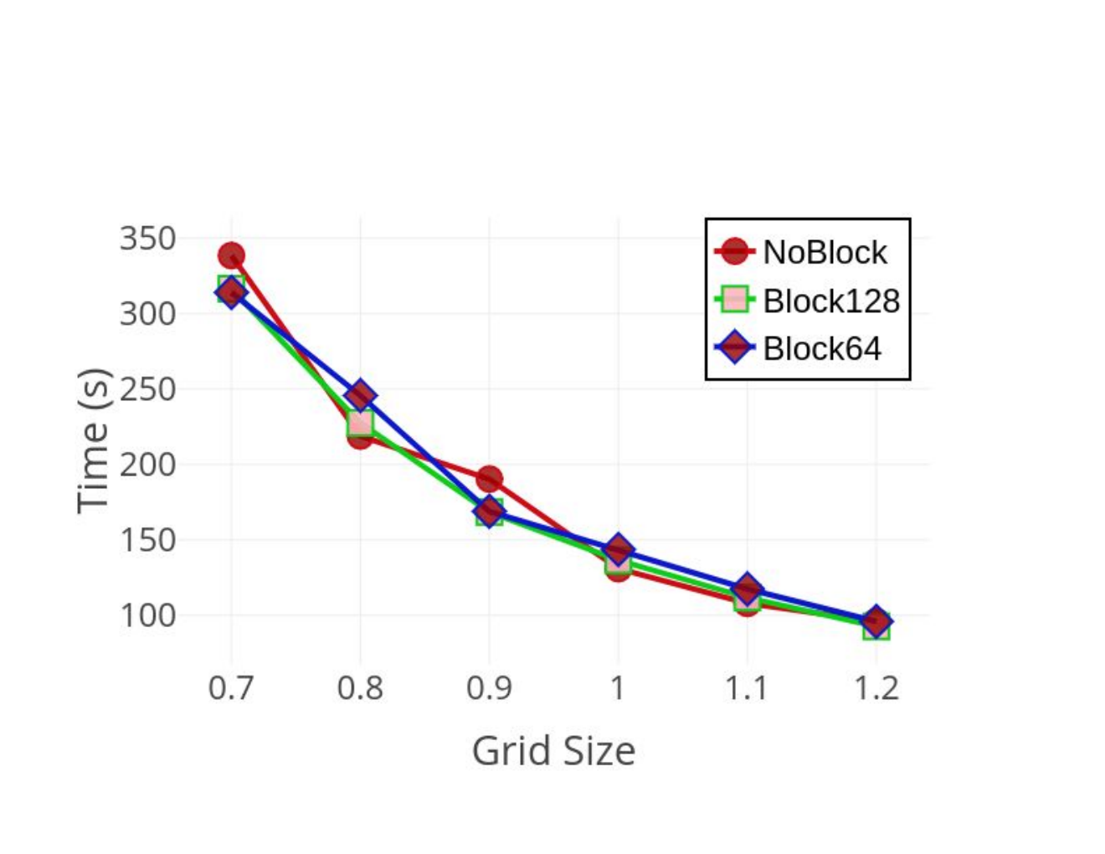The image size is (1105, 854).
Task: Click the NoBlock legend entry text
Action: coord(825,252)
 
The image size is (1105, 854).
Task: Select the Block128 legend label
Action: coord(831,301)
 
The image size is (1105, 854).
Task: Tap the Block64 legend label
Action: coord(822,348)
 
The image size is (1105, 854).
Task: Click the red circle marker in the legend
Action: coord(735,251)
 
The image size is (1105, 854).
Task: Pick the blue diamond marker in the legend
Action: coord(735,347)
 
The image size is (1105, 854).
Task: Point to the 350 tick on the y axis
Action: coord(147,238)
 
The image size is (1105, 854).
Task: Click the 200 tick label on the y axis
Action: coord(147,465)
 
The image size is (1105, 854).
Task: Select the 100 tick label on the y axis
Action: coord(147,615)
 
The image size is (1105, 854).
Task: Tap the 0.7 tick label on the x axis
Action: coord(230,688)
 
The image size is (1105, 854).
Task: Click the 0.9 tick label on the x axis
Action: coord(489,688)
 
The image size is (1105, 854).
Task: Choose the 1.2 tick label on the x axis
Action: coord(876,688)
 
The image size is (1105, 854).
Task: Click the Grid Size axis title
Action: coord(554,752)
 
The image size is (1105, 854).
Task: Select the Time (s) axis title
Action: coord(94,441)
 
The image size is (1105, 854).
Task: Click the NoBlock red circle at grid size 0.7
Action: coord(231,255)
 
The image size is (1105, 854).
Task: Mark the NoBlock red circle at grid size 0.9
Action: coord(490,479)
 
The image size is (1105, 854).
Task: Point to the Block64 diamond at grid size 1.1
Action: coord(747,589)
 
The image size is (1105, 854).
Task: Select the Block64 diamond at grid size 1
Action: coord(618,549)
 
